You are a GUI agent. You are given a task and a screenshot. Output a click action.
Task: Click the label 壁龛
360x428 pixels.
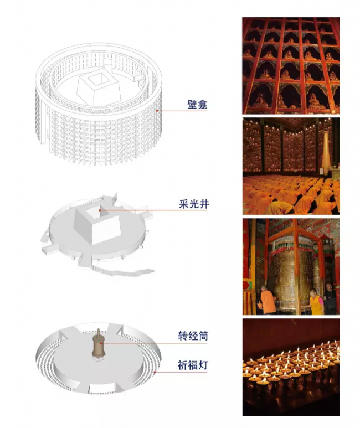pyautogui.click(x=197, y=104)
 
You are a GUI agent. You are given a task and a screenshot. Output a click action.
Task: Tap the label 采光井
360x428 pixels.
pyautogui.click(x=194, y=204)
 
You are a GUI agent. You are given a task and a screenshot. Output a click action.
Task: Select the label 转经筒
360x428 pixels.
pyautogui.click(x=193, y=336)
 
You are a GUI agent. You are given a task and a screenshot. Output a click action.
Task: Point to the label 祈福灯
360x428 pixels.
pyautogui.click(x=193, y=365)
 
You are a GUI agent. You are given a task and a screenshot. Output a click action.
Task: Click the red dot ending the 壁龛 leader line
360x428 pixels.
pyautogui.click(x=157, y=111)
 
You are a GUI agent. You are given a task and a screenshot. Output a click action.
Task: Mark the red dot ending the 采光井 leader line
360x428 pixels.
pyautogui.click(x=100, y=210)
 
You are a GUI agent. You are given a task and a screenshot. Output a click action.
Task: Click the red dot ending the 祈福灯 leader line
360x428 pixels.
pyautogui.click(x=155, y=372)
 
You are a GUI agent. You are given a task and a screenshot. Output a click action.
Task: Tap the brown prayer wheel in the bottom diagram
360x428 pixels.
pyautogui.click(x=99, y=346)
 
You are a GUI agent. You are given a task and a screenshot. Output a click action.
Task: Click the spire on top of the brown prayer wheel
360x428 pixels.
pyautogui.click(x=99, y=332)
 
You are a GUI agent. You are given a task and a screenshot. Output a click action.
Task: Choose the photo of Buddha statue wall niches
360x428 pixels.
pyautogui.click(x=291, y=65)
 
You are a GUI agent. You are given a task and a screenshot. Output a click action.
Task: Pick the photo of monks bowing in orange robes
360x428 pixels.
pyautogui.click(x=291, y=166)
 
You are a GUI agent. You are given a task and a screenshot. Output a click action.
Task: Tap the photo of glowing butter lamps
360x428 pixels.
pyautogui.click(x=291, y=367)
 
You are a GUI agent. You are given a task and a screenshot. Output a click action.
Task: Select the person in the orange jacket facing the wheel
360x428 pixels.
pyautogui.click(x=268, y=300)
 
